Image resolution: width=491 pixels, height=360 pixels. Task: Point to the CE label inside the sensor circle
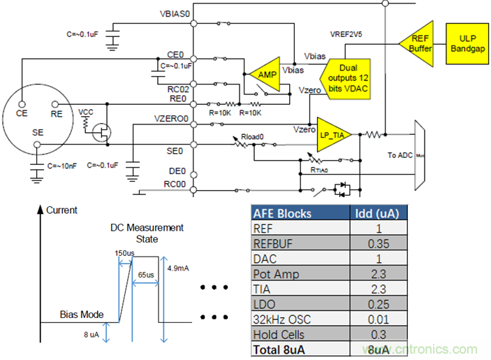23,111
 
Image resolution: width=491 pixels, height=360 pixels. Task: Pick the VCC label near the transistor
85,111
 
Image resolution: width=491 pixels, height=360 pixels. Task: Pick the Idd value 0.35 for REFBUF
378,243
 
